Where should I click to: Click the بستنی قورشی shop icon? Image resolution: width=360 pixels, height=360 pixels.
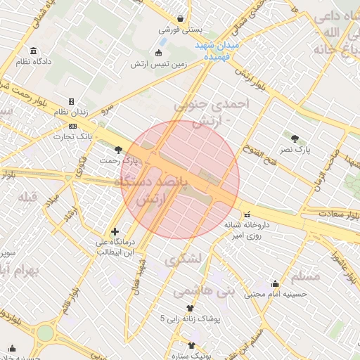click(x=181, y=18)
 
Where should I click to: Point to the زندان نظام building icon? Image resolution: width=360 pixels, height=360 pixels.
click(x=71, y=101)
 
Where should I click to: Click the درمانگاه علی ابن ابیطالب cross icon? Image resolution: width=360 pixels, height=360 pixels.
click(x=115, y=231)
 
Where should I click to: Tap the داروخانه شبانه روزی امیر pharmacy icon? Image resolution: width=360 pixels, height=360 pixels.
click(x=246, y=214)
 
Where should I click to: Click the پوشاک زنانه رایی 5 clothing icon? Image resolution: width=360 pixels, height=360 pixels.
click(x=189, y=308)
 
